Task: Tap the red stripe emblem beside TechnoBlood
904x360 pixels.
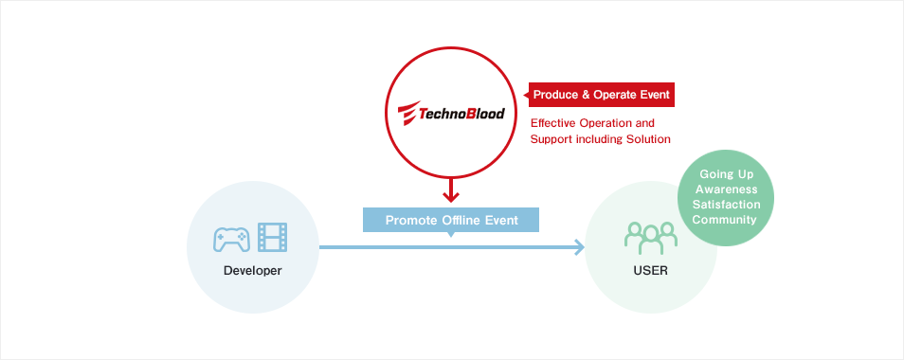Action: (406, 115)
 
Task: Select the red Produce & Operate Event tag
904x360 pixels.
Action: (602, 95)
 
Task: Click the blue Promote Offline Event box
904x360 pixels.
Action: (451, 220)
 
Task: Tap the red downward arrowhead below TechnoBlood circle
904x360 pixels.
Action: (451, 197)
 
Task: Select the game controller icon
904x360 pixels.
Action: (231, 239)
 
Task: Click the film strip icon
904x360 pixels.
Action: (272, 238)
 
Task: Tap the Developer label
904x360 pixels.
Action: (252, 271)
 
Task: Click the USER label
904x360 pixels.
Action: (650, 271)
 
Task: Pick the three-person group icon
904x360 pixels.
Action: (650, 238)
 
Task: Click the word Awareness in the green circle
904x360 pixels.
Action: (725, 189)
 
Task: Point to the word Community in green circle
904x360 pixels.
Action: (725, 220)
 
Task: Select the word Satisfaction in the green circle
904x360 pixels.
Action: (725, 205)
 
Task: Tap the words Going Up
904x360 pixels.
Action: (725, 175)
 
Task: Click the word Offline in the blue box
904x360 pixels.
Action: (461, 220)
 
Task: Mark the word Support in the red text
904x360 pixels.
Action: (551, 139)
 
